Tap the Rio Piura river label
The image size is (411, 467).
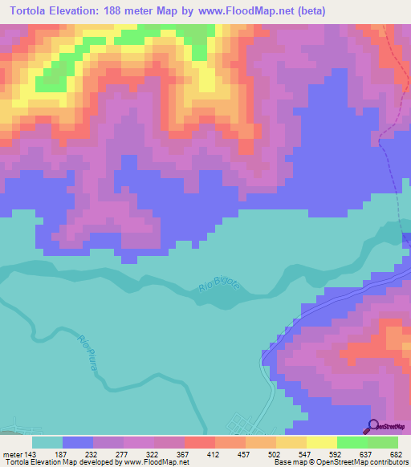pyautogui.click(x=89, y=351)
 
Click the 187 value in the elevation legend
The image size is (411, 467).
pyautogui.click(x=62, y=453)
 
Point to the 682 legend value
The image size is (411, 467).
pyautogui.click(x=397, y=453)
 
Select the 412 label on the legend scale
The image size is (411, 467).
pyautogui.click(x=214, y=453)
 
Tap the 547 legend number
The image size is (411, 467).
pyautogui.click(x=306, y=453)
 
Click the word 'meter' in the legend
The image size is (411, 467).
pyautogui.click(x=11, y=453)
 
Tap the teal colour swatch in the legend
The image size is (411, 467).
pyautogui.click(x=47, y=441)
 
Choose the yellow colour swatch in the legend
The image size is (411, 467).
pyautogui.click(x=321, y=441)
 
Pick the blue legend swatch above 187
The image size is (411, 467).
pyautogui.click(x=77, y=441)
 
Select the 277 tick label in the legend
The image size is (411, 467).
pyautogui.click(x=123, y=453)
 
